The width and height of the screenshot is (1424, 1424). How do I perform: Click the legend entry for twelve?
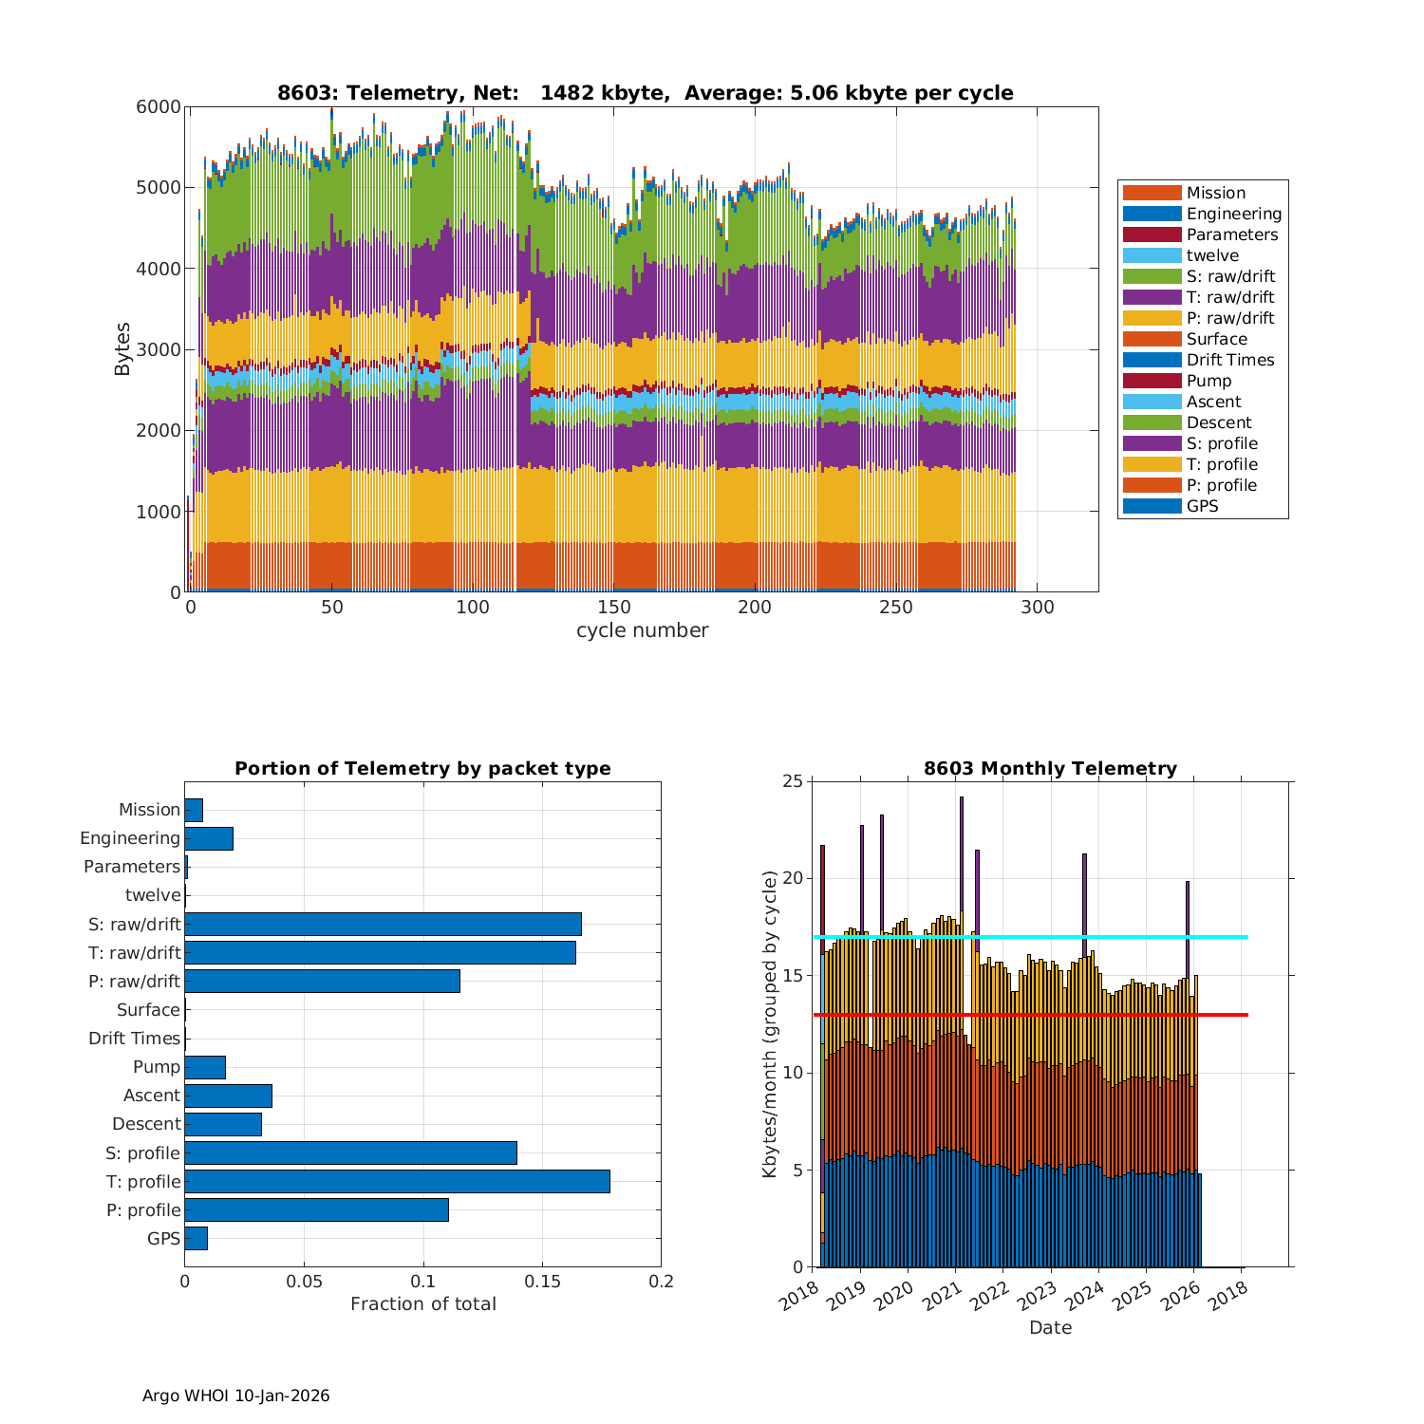tap(1212, 255)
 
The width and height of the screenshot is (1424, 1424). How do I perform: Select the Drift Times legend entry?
tap(1229, 360)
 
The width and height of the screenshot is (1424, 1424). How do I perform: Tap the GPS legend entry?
tap(1202, 506)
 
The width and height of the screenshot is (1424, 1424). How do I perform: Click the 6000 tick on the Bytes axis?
tap(159, 107)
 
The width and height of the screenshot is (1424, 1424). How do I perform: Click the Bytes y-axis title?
tap(122, 349)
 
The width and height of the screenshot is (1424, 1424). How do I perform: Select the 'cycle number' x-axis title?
tap(642, 630)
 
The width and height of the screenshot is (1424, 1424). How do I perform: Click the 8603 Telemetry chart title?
tap(645, 93)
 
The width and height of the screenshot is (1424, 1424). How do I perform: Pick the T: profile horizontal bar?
tap(397, 1181)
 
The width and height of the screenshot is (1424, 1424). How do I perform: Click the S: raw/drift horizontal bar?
tap(383, 924)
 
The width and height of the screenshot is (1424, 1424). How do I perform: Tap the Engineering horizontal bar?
tap(209, 838)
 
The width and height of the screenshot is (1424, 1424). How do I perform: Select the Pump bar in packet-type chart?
tap(205, 1067)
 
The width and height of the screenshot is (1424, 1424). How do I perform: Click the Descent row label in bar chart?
tap(146, 1124)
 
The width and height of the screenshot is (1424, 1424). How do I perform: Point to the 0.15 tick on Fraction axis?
tap(542, 1282)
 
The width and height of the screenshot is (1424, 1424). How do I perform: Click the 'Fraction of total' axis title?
tap(422, 1304)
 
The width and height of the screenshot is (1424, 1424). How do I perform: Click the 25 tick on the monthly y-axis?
tap(792, 781)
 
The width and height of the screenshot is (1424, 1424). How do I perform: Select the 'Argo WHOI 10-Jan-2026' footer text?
tap(235, 1396)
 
